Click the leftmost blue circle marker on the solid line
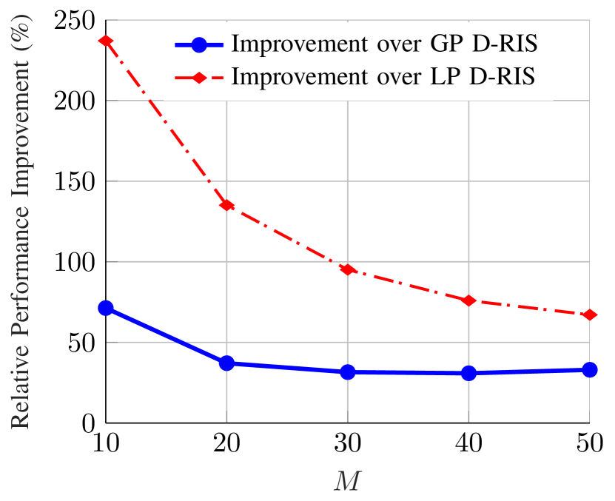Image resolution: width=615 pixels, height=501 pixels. click(x=106, y=308)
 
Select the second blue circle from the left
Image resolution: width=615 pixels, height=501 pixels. click(x=226, y=363)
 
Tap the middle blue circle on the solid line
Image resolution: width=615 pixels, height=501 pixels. click(x=348, y=371)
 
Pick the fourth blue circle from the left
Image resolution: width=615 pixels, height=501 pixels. click(x=468, y=373)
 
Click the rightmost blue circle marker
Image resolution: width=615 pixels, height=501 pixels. click(x=590, y=369)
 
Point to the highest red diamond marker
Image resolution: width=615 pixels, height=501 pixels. click(x=106, y=41)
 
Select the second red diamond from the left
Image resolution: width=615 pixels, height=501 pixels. click(x=226, y=204)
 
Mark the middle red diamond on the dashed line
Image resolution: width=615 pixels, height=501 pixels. click(x=348, y=269)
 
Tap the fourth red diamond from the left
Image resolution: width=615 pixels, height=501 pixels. click(x=468, y=300)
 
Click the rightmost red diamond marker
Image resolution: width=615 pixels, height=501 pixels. click(x=590, y=315)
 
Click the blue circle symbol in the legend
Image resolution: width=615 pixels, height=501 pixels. click(x=198, y=44)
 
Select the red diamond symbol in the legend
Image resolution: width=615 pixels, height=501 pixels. click(x=198, y=77)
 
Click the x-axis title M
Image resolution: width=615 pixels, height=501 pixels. click(x=347, y=482)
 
